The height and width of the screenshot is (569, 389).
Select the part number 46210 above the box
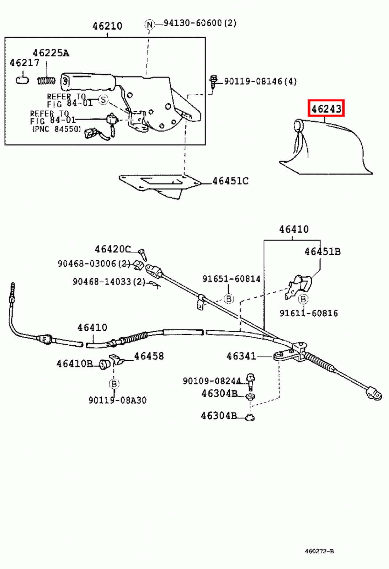click(x=107, y=26)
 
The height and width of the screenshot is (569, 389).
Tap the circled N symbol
click(x=150, y=24)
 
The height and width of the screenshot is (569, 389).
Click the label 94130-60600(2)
click(x=200, y=23)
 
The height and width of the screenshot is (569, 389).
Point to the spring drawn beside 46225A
click(x=46, y=81)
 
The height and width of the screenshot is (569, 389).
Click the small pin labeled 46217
click(x=22, y=80)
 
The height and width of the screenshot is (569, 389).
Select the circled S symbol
click(x=103, y=100)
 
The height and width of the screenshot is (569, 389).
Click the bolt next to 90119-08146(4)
click(x=213, y=81)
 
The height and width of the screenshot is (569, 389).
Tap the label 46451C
click(x=230, y=181)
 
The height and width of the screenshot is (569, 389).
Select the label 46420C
click(x=112, y=249)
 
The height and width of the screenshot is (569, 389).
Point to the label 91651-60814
click(x=231, y=279)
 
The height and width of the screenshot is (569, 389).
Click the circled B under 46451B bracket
click(x=303, y=299)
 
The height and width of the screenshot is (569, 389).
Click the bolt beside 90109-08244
click(x=250, y=381)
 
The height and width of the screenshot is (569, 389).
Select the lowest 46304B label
click(x=219, y=416)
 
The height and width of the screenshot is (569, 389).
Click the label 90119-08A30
click(x=117, y=400)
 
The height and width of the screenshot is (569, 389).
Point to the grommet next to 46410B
click(x=104, y=365)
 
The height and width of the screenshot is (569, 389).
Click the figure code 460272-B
click(x=319, y=551)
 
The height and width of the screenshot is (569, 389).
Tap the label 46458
click(x=149, y=356)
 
